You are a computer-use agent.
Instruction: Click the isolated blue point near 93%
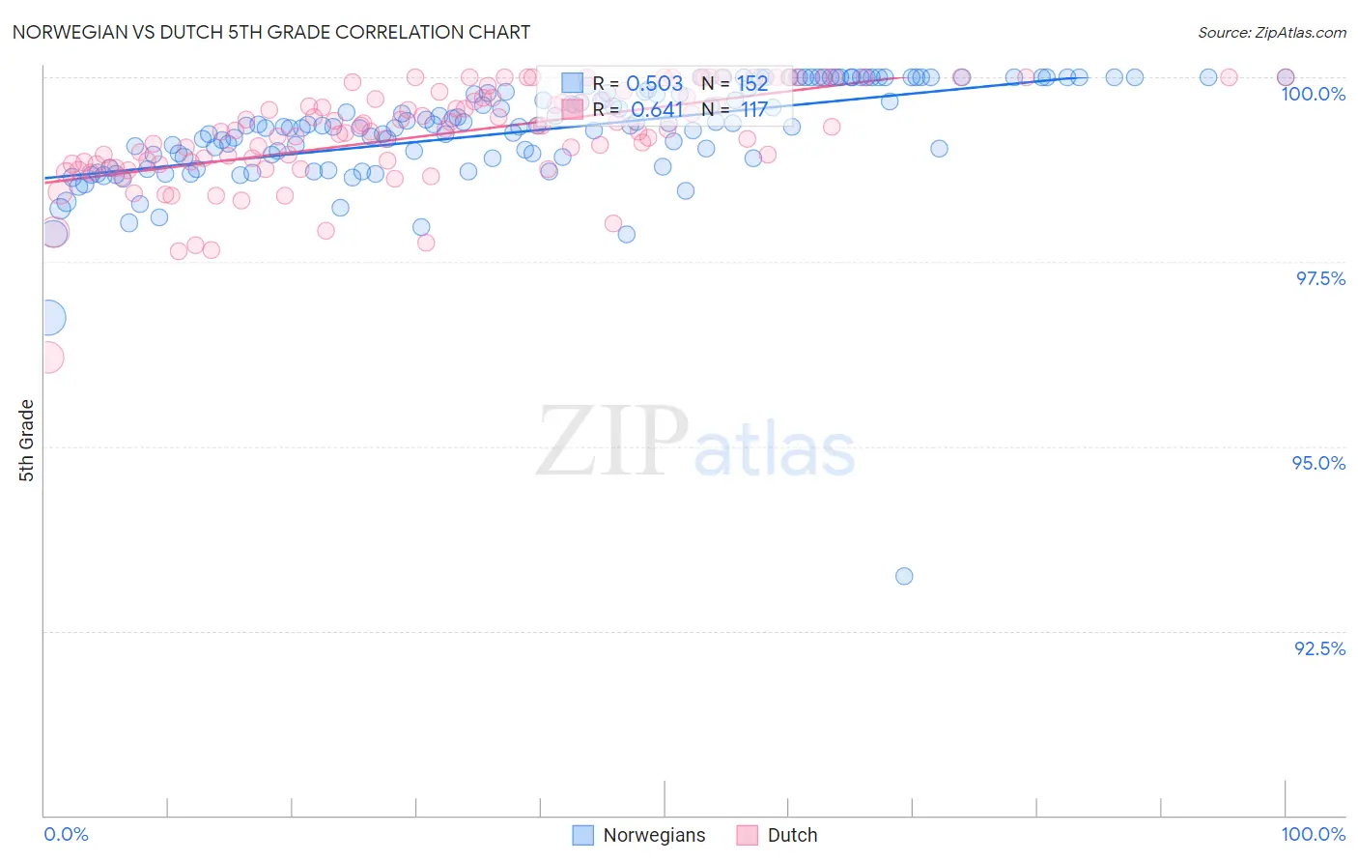[x=904, y=576]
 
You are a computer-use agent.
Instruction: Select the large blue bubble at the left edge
[x=49, y=317]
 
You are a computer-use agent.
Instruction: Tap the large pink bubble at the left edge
[x=48, y=358]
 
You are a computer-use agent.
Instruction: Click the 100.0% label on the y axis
[x=1313, y=94]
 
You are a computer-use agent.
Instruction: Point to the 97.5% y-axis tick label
[x=1320, y=278]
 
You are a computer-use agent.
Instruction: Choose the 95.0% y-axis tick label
[x=1318, y=463]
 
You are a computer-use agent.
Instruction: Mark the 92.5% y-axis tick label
[x=1319, y=648]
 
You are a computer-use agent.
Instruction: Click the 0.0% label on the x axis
[x=66, y=834]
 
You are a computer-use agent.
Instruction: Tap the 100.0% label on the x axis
[x=1313, y=834]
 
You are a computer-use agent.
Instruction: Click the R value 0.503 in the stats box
[x=655, y=83]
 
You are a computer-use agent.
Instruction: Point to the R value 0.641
[x=657, y=109]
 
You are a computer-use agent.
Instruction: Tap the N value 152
[x=752, y=83]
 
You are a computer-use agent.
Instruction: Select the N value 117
[x=753, y=109]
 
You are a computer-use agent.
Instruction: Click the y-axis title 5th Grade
[x=27, y=441]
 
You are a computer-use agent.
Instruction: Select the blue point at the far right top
[x=1286, y=77]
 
